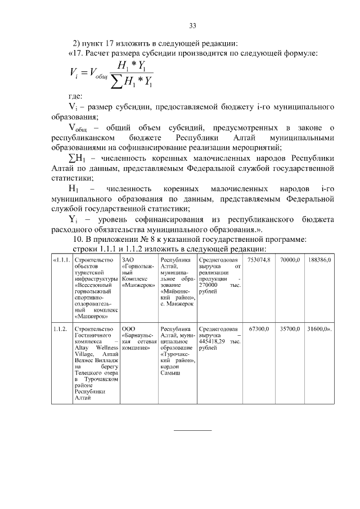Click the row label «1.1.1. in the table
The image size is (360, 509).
coord(61,260)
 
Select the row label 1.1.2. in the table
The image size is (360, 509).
coord(60,327)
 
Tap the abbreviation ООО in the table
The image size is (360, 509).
coord(128,327)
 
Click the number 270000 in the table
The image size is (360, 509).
coord(209,285)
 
